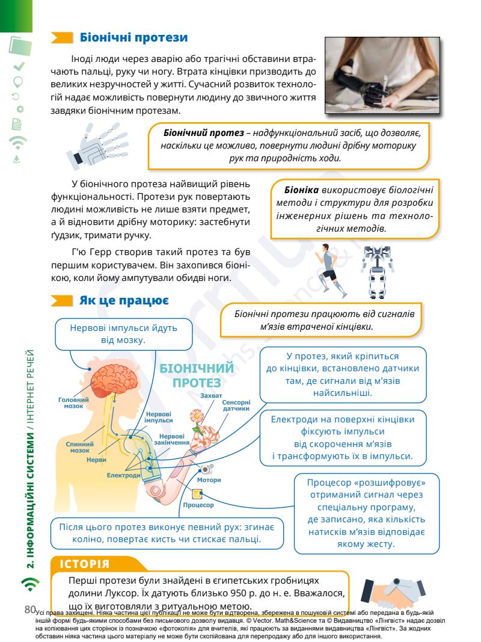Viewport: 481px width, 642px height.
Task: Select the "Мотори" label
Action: [x=209, y=480]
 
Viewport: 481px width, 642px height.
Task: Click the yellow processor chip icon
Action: [x=197, y=495]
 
